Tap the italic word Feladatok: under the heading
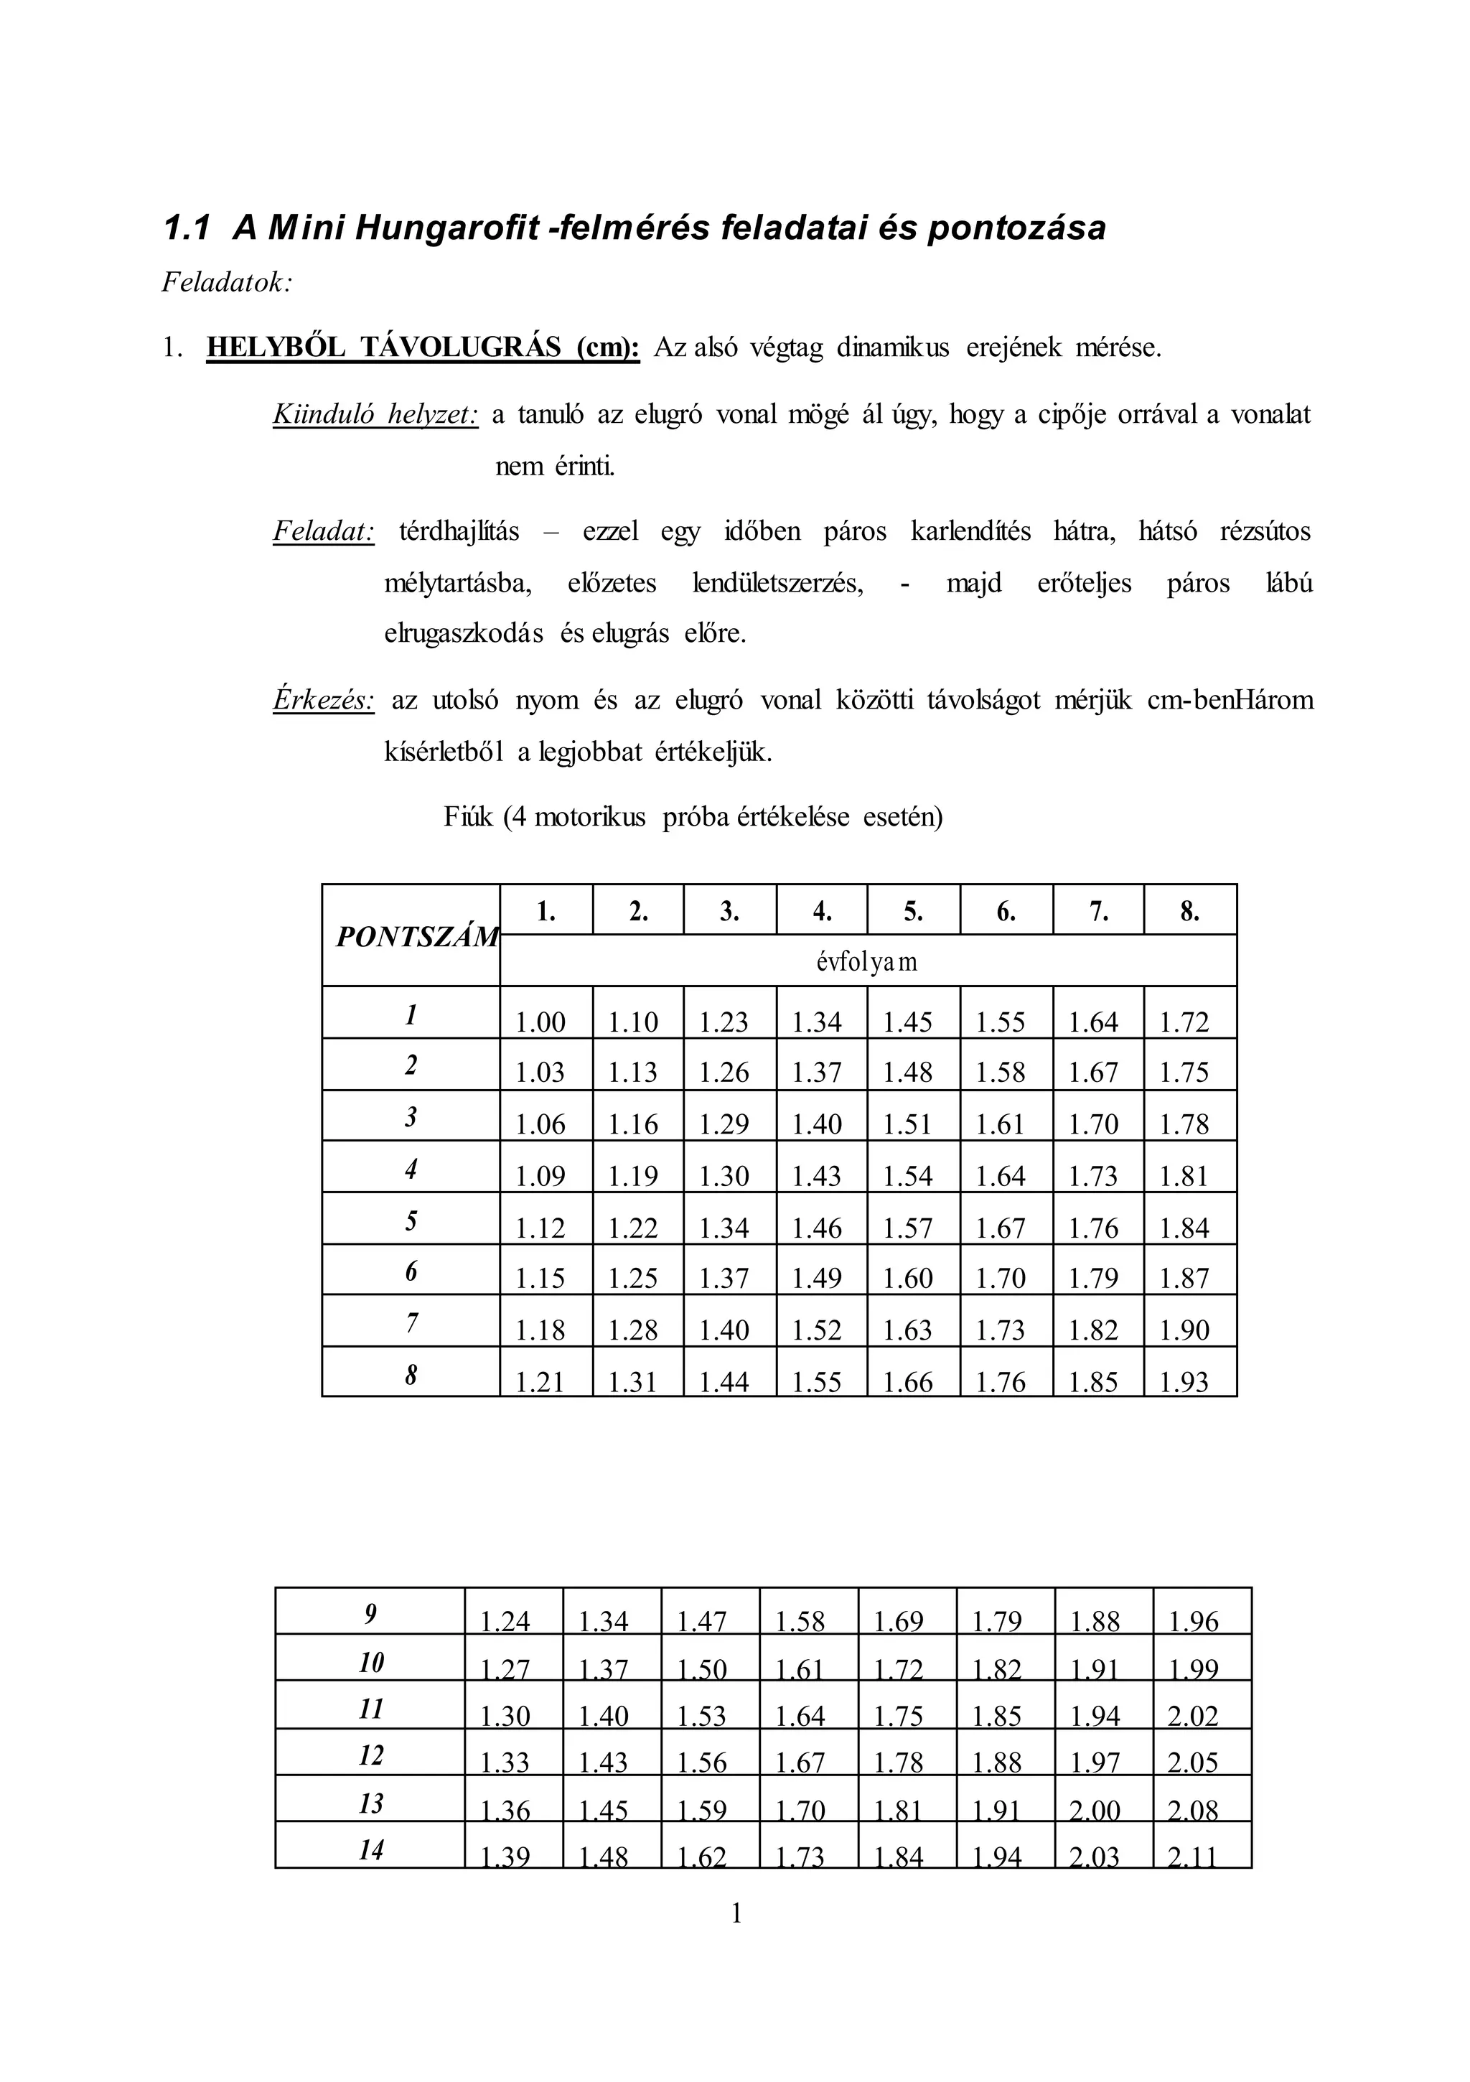coord(227,283)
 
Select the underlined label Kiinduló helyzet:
coord(375,415)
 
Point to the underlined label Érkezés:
coord(324,700)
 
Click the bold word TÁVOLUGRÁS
coord(462,347)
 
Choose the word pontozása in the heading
coord(1016,228)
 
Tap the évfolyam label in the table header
coord(867,961)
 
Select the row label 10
coord(371,1662)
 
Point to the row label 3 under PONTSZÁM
coord(411,1117)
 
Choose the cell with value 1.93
coord(1184,1382)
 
